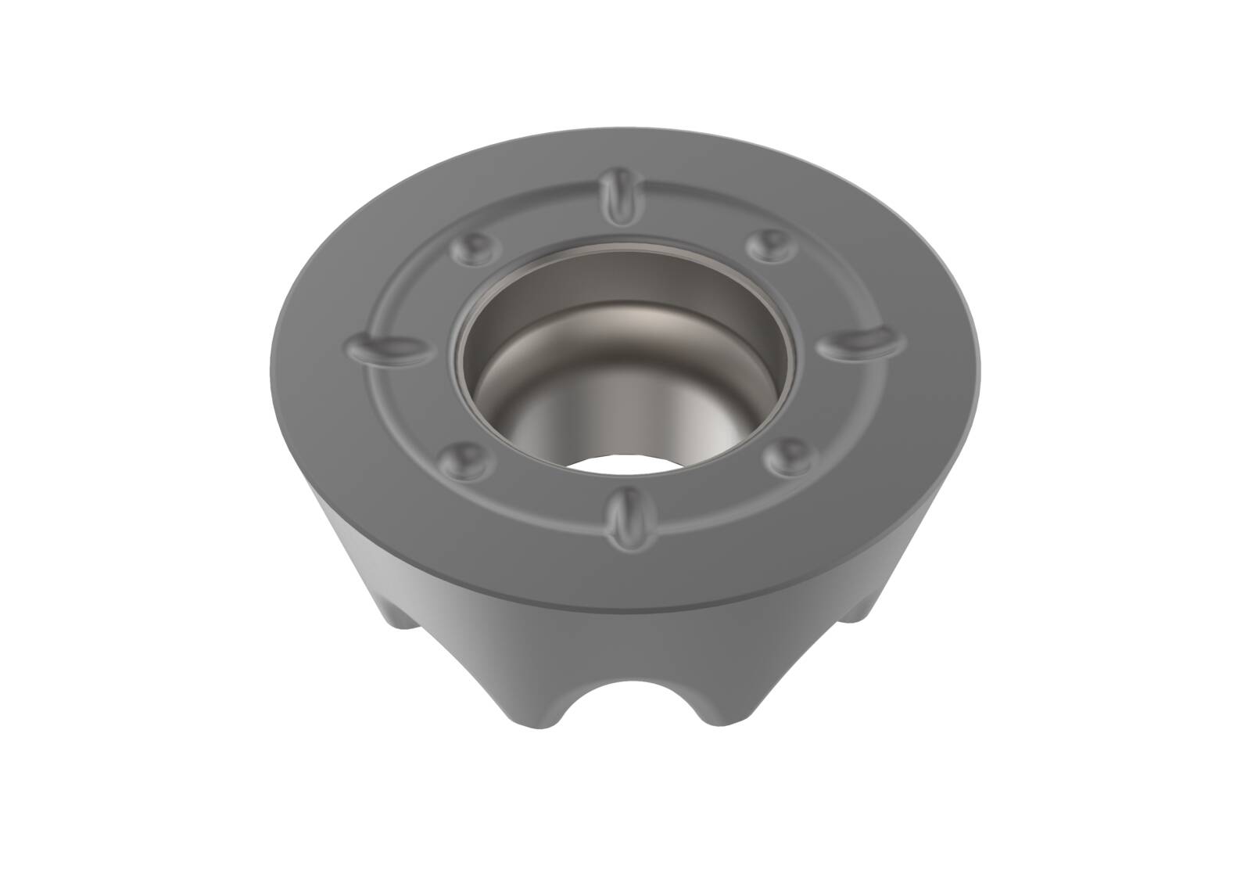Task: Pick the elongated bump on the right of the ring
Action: click(863, 339)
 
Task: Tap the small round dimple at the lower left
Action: click(468, 457)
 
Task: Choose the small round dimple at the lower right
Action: click(790, 451)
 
